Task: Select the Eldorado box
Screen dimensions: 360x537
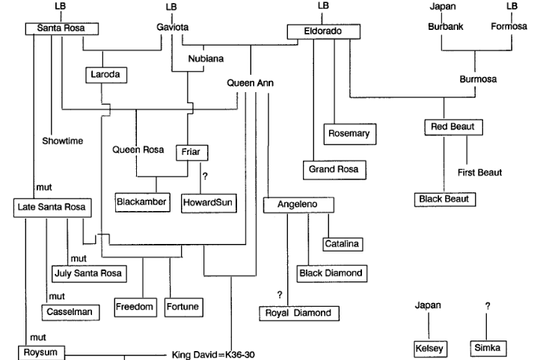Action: [324, 32]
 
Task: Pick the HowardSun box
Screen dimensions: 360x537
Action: [209, 203]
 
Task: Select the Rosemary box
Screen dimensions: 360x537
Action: [350, 133]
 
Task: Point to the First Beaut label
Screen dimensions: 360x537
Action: [479, 173]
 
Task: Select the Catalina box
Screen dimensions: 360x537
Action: [343, 243]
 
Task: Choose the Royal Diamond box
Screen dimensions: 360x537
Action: [298, 313]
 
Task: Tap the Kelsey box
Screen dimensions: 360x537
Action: [429, 349]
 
